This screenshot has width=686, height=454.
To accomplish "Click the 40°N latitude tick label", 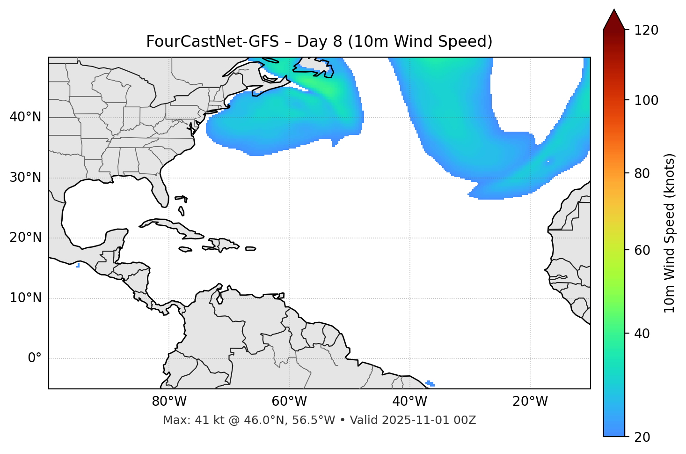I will [x=25, y=117].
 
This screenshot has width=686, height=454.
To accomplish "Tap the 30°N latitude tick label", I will [x=25, y=178].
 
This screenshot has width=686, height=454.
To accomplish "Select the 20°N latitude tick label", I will [x=25, y=238].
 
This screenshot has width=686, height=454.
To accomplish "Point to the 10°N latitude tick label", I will [x=25, y=298].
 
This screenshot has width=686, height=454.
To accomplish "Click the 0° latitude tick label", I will [x=34, y=358].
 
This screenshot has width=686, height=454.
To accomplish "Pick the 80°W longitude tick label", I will [x=169, y=402].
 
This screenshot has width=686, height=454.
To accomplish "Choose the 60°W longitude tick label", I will [x=289, y=402].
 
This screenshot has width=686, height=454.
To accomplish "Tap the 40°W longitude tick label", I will [x=409, y=402].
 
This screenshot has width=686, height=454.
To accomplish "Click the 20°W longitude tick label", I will [x=530, y=402].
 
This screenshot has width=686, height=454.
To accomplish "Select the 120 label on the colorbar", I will [x=647, y=30].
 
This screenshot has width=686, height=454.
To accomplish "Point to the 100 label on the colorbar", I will [x=647, y=100].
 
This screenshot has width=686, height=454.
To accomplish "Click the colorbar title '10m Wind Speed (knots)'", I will [x=670, y=233].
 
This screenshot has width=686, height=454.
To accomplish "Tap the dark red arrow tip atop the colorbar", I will [x=614, y=19].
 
